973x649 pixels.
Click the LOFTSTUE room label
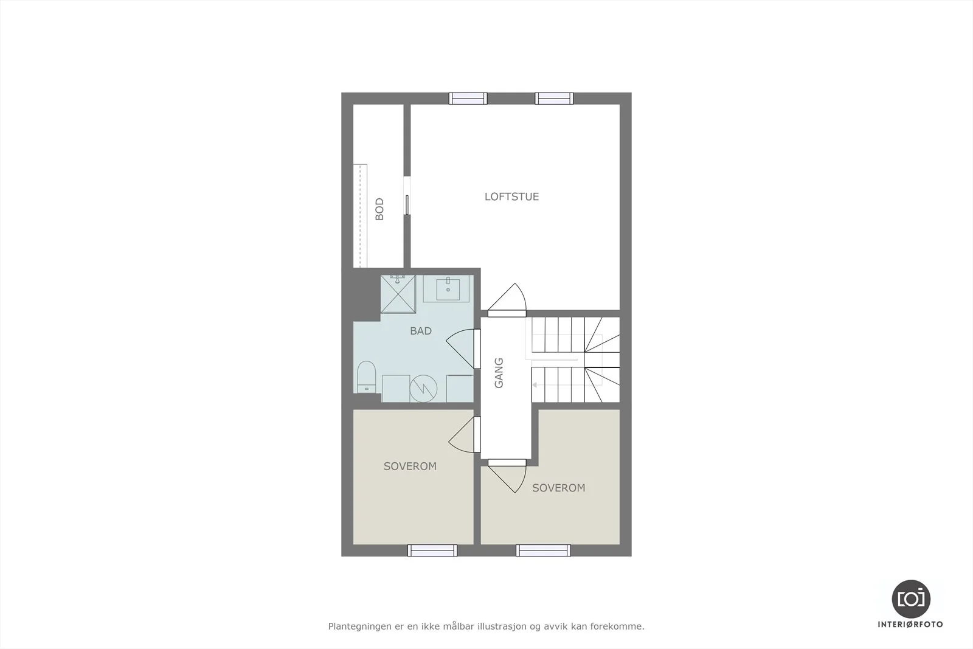tap(511, 197)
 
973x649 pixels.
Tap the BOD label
tap(379, 209)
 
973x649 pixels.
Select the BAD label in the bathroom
tap(421, 331)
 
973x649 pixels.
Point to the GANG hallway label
tap(499, 373)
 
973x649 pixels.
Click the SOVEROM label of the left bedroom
tap(410, 467)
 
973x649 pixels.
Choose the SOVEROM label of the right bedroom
tap(559, 488)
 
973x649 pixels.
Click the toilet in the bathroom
tap(366, 377)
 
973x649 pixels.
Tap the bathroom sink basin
tap(448, 289)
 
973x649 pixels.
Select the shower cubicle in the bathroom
tap(398, 294)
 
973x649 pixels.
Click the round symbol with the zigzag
tap(423, 388)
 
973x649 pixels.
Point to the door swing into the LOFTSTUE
tap(507, 300)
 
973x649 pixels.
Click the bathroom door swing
tap(463, 349)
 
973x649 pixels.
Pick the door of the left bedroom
tap(465, 435)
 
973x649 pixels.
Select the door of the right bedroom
tap(507, 476)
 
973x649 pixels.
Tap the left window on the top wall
tap(468, 99)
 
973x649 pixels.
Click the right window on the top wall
tap(554, 99)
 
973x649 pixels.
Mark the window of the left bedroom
tap(432, 550)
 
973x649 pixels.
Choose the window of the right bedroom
tap(544, 550)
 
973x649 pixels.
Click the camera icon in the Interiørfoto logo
tap(911, 599)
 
